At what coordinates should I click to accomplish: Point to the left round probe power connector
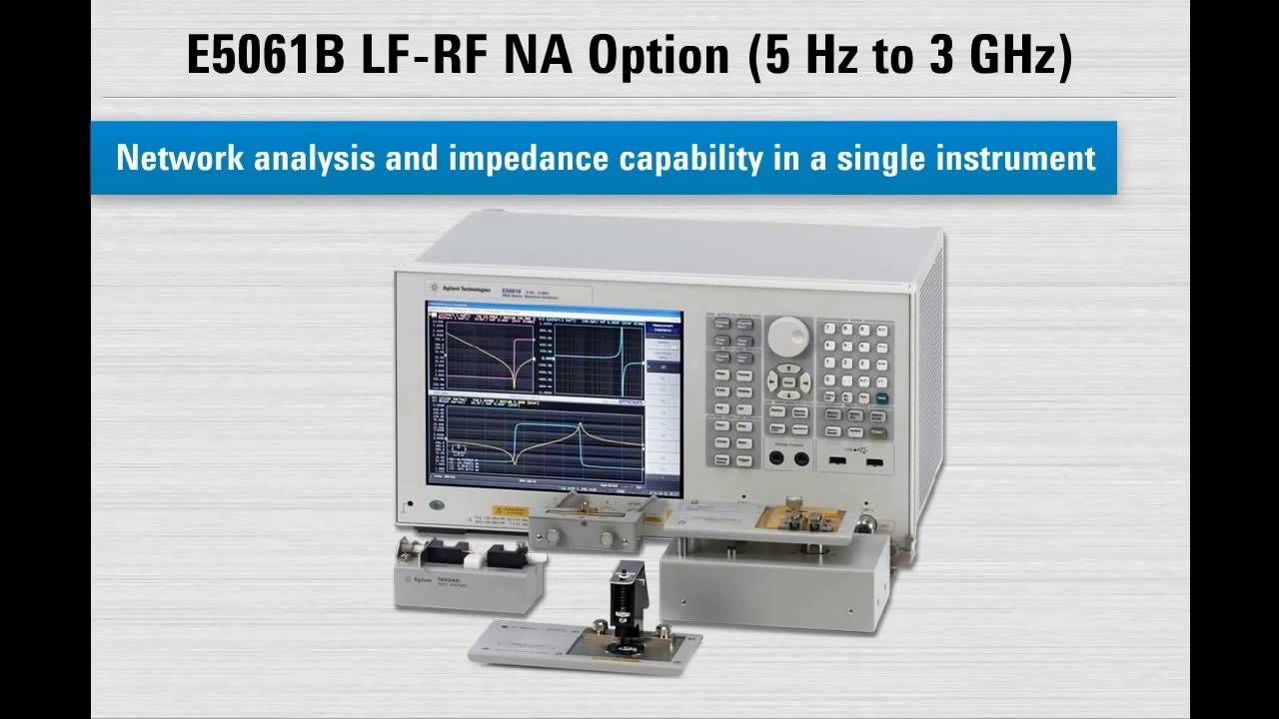pyautogui.click(x=777, y=458)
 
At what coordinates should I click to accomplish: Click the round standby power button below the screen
pyautogui.click(x=436, y=504)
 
